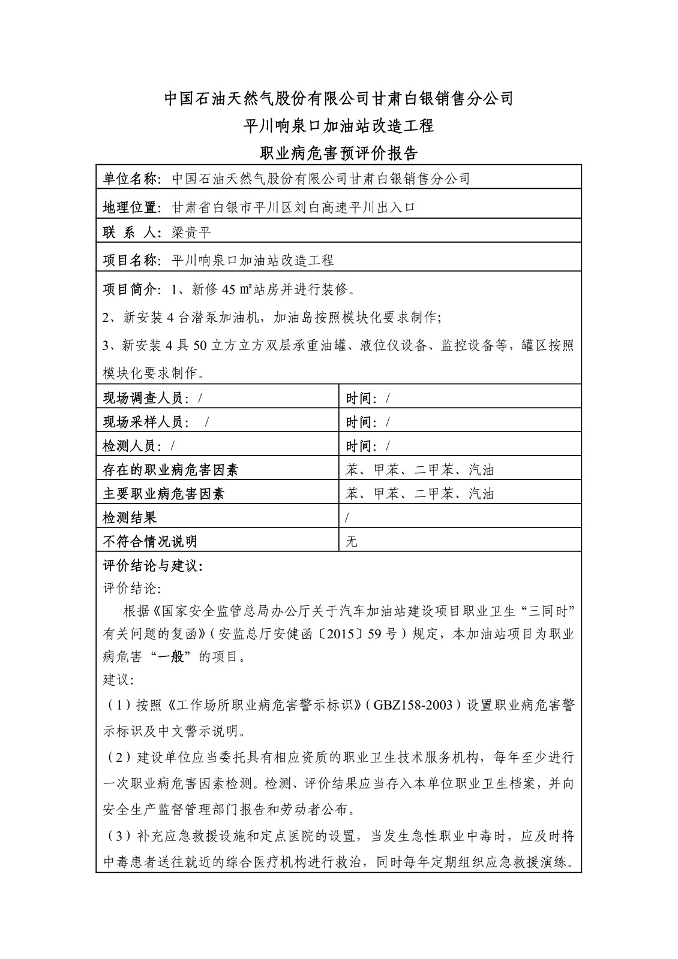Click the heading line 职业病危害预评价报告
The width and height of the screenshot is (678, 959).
coord(338,153)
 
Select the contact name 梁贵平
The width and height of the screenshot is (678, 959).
coord(191,233)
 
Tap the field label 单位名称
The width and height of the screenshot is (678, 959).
coord(130,179)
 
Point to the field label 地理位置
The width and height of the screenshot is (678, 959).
coord(130,208)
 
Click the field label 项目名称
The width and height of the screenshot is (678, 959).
coord(130,260)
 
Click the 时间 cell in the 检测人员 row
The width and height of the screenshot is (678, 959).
coord(368,446)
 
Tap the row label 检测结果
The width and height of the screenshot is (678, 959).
coord(130,517)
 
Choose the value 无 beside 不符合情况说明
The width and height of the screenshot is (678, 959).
coord(352,542)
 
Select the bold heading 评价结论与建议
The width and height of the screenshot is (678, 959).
coord(153,566)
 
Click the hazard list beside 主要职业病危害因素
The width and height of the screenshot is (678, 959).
coord(420,494)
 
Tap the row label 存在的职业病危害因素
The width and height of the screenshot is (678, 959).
coord(170,470)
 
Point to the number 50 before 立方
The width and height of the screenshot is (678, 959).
coord(202,346)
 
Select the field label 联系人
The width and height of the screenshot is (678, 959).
coord(129,233)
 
